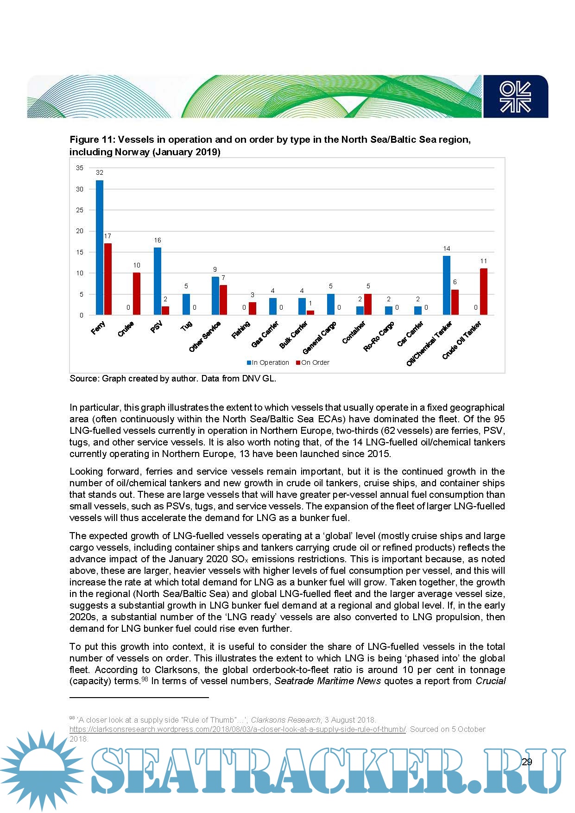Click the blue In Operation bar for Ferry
click(100, 248)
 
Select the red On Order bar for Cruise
click(137, 294)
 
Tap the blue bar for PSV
click(158, 281)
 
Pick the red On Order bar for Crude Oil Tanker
click(484, 292)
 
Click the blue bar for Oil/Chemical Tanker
click(447, 286)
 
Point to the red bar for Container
click(368, 305)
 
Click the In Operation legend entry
click(268, 362)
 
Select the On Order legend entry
click(313, 362)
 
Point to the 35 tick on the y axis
click(80, 168)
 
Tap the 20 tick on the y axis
click(80, 231)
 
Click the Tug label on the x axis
click(186, 326)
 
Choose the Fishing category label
click(241, 330)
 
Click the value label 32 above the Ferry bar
click(100, 172)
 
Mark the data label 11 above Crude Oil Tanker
click(484, 261)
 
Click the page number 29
click(527, 762)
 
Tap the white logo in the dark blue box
click(515, 97)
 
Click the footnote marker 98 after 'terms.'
click(145, 679)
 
